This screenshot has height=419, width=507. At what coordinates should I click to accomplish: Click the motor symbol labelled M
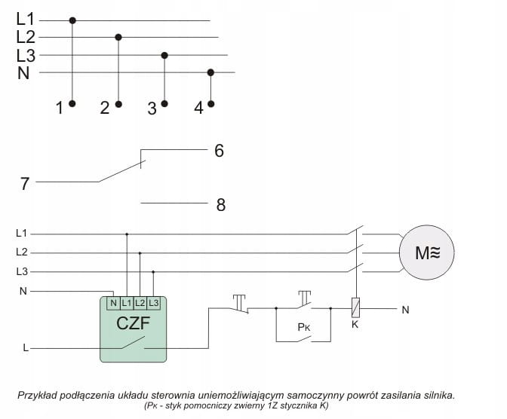click(x=427, y=252)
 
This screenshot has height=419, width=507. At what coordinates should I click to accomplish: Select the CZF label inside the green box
click(x=133, y=325)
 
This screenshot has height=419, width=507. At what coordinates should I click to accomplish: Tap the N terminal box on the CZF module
click(x=113, y=302)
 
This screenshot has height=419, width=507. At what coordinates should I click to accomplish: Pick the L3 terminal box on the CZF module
click(x=153, y=302)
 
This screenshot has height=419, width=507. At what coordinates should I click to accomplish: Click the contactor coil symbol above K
click(x=355, y=308)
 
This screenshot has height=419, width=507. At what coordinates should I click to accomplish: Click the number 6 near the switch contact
click(x=219, y=151)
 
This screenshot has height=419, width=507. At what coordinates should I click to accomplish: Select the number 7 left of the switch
click(x=25, y=183)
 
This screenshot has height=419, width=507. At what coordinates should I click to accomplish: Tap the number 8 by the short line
click(x=220, y=204)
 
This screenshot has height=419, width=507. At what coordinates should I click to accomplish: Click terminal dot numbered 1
click(x=72, y=104)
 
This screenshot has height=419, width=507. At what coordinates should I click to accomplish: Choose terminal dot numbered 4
click(x=210, y=104)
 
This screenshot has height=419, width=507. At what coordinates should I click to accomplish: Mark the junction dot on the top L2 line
click(x=118, y=36)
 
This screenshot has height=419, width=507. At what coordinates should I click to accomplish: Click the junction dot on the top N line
click(x=210, y=72)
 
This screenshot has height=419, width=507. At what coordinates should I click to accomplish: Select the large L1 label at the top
click(x=26, y=18)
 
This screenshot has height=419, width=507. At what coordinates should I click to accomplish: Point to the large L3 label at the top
click(x=26, y=55)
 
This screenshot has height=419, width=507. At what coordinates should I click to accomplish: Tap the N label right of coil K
click(x=405, y=309)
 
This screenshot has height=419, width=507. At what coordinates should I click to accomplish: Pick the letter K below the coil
click(x=355, y=325)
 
